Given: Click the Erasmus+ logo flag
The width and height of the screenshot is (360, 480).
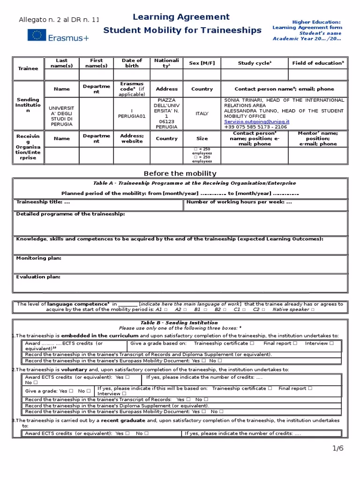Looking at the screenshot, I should pos(36,35).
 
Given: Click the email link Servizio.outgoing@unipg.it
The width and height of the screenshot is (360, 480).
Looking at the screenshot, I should pos(257,121).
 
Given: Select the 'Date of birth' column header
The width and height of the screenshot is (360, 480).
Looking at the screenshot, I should pos(132,63).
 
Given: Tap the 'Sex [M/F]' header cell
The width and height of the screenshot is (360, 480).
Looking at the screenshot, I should pos(202,63).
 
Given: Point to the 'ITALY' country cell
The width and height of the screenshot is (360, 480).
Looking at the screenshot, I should pos(202,113).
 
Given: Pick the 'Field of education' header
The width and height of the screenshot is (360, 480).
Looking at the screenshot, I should pos(318,63).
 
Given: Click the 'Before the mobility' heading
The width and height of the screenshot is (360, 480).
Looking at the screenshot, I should pos(180,173).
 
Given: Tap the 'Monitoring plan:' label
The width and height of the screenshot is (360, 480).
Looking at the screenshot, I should pos(38,258).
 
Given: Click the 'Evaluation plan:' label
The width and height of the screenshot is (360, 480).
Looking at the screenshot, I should pos(38,277).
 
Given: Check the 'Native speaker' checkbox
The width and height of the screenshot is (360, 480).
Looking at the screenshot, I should pos(313,310).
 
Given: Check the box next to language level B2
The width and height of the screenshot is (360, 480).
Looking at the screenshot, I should pos(225,310).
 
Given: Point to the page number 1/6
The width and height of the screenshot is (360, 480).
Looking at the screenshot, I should pos(338,448).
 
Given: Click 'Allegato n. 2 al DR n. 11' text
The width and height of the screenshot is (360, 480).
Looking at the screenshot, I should pos(59,20).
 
